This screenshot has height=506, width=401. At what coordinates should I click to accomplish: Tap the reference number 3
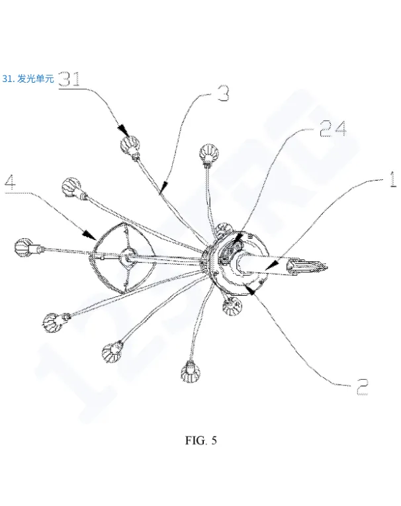(223, 94)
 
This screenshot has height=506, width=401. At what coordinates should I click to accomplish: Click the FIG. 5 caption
(200, 442)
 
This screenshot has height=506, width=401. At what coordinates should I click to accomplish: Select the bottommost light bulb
(190, 372)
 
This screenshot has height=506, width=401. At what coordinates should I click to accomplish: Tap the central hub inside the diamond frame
(128, 255)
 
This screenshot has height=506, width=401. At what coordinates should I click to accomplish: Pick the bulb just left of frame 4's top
(71, 189)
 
